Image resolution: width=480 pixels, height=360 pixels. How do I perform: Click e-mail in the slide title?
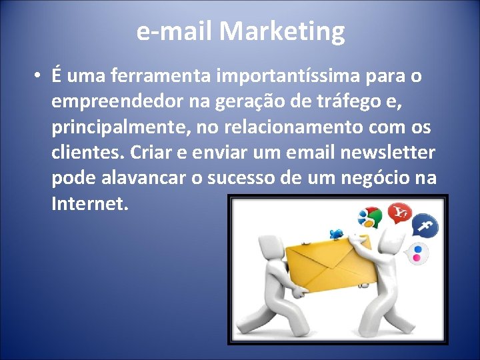point(174,31)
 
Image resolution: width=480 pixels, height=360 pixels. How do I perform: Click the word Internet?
point(89,203)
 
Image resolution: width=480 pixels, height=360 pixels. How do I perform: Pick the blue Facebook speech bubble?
point(424,228)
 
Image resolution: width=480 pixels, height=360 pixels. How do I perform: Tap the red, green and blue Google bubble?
point(369,217)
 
